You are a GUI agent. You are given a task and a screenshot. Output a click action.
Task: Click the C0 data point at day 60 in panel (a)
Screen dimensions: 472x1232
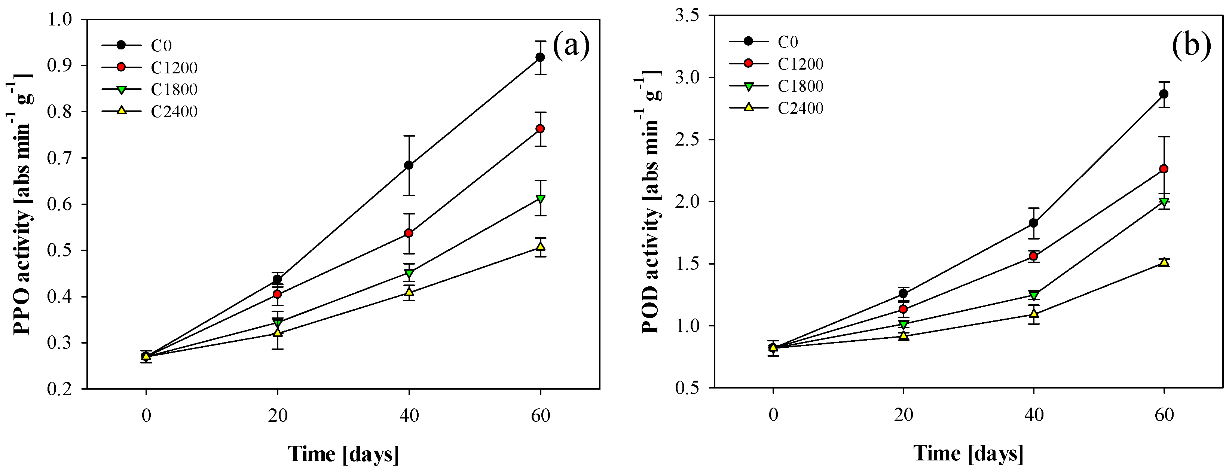[540, 57]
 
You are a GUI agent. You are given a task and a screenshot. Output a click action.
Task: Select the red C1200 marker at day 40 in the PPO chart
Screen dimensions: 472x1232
[409, 233]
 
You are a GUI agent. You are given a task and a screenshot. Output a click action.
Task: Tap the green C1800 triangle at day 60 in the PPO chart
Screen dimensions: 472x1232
[540, 199]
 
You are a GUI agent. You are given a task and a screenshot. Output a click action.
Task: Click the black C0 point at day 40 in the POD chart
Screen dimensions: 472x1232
[1033, 223]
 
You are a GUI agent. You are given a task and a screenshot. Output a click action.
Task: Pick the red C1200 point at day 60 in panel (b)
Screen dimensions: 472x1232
[1164, 169]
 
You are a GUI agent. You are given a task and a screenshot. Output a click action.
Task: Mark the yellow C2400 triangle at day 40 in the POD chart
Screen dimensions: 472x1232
[1033, 314]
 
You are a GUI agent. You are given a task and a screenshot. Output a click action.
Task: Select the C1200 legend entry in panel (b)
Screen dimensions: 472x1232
[800, 64]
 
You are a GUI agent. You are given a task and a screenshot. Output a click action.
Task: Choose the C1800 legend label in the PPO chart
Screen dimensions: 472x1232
[174, 89]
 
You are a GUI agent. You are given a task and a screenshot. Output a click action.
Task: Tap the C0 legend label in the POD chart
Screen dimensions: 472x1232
[788, 42]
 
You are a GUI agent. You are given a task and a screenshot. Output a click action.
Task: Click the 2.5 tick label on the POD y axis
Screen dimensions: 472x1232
[687, 139]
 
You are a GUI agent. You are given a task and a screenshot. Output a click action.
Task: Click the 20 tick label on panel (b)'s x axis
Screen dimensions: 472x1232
[903, 415]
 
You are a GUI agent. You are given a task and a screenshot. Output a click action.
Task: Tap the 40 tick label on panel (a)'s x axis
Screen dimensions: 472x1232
[409, 415]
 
